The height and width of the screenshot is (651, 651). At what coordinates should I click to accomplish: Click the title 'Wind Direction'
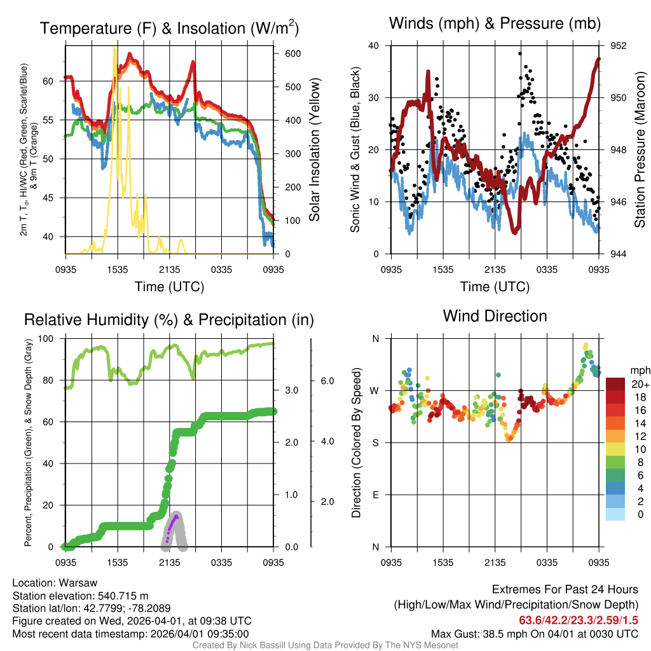(495, 316)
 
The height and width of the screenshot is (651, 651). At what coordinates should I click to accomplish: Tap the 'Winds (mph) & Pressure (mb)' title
(495, 24)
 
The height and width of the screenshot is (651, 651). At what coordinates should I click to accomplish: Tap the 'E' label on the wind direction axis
(376, 495)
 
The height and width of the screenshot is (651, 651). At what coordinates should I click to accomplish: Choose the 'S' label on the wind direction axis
(376, 442)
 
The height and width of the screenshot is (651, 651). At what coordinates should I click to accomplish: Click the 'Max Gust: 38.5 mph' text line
(534, 633)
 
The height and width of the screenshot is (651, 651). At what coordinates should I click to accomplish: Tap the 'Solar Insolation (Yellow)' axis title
(314, 150)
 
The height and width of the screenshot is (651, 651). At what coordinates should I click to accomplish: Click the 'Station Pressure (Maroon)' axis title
(640, 150)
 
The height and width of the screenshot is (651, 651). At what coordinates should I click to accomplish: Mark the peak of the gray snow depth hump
(175, 514)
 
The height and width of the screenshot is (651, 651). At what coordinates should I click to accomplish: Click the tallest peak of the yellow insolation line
(114, 48)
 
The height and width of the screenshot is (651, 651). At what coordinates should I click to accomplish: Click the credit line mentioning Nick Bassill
(325, 645)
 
